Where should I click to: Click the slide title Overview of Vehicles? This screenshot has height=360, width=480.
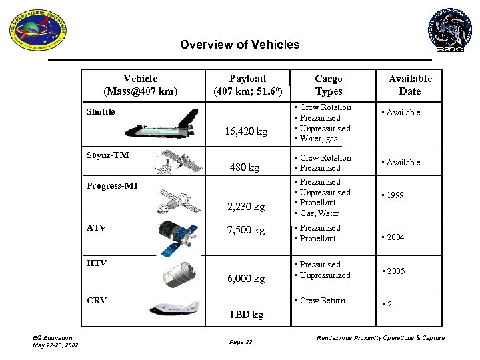click(240, 45)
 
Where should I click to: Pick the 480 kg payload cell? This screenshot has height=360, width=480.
click(245, 167)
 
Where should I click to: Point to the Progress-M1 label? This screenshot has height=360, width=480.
click(113, 185)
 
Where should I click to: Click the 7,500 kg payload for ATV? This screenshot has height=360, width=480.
click(245, 231)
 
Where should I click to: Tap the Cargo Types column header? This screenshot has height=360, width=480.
click(328, 85)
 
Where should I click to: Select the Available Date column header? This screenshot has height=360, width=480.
click(410, 85)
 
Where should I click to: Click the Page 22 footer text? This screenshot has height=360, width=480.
click(241, 342)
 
